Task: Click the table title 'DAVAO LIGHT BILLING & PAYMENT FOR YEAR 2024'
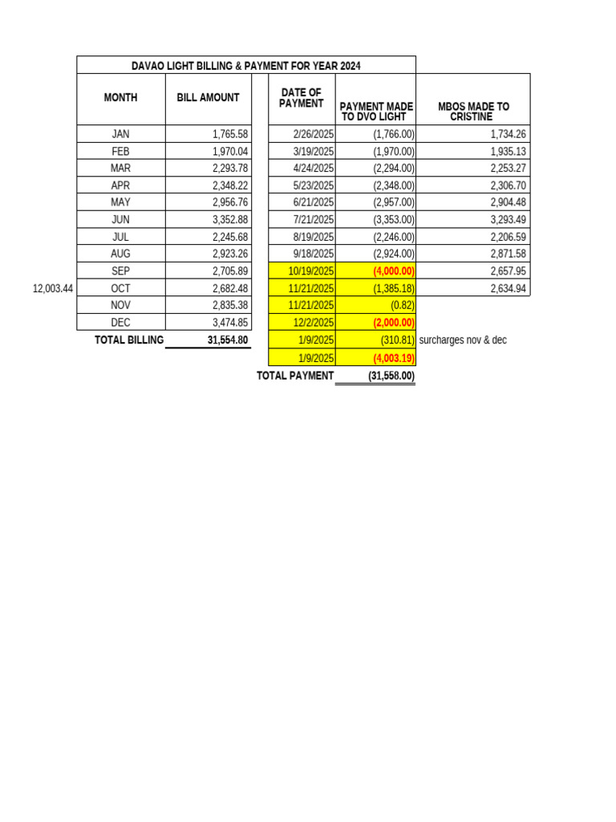point(246,65)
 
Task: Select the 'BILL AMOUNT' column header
point(208,98)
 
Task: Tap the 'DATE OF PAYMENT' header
point(302,98)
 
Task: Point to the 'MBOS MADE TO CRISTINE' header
point(473,111)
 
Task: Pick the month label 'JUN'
point(120,220)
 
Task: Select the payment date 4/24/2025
point(314,168)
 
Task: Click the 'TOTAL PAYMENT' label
point(294,376)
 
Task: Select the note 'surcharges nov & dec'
point(463,340)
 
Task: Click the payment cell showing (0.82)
point(398,306)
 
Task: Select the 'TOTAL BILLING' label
point(129,340)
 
